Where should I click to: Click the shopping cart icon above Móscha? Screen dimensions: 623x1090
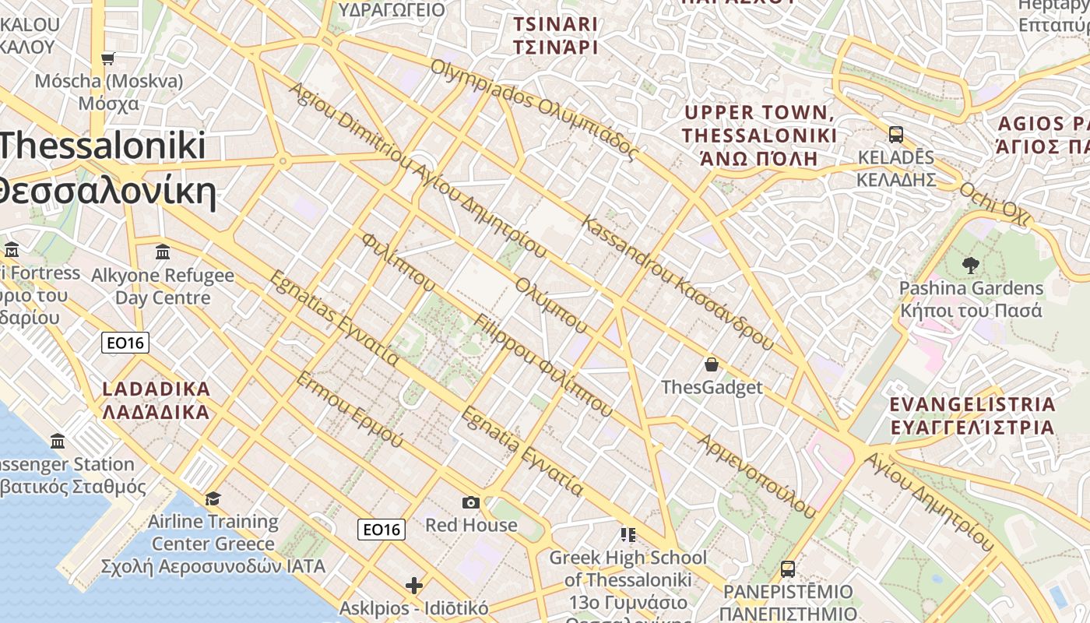[108, 58]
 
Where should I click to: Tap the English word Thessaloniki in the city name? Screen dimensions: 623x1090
[103, 146]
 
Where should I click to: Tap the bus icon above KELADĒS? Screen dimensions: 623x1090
[896, 134]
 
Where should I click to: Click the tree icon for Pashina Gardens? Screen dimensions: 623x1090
[970, 266]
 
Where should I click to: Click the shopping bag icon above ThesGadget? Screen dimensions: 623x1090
[711, 364]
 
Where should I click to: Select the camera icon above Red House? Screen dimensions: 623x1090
[470, 502]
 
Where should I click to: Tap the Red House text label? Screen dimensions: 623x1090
[470, 525]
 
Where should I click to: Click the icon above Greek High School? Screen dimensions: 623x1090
[628, 534]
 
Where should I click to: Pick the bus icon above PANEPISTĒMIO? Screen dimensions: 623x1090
[787, 568]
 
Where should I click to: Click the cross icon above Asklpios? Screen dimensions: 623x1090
[414, 585]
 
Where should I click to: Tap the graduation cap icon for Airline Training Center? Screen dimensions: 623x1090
[213, 498]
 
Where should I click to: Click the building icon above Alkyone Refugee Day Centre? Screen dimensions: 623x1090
[163, 252]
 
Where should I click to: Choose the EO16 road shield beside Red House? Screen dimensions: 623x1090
[381, 530]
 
